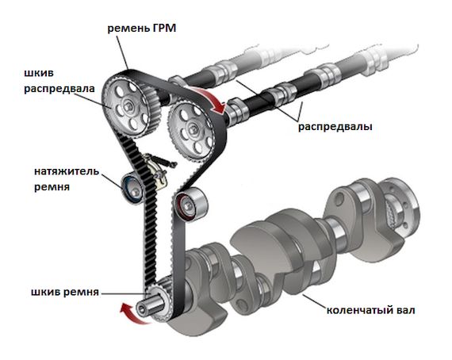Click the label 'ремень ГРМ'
click(x=141, y=29)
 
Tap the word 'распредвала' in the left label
click(x=59, y=89)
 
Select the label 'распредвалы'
click(x=335, y=127)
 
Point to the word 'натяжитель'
click(x=67, y=171)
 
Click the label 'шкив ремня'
click(x=65, y=293)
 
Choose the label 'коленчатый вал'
click(x=370, y=310)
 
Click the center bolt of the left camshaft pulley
click(x=128, y=106)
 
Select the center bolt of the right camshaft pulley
click(x=192, y=128)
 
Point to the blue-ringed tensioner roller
click(x=133, y=188)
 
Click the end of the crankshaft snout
click(x=141, y=309)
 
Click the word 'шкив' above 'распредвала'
click(x=39, y=73)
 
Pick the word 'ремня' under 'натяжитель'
click(x=52, y=187)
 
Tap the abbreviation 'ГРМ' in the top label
click(x=163, y=29)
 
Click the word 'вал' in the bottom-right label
click(x=404, y=310)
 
